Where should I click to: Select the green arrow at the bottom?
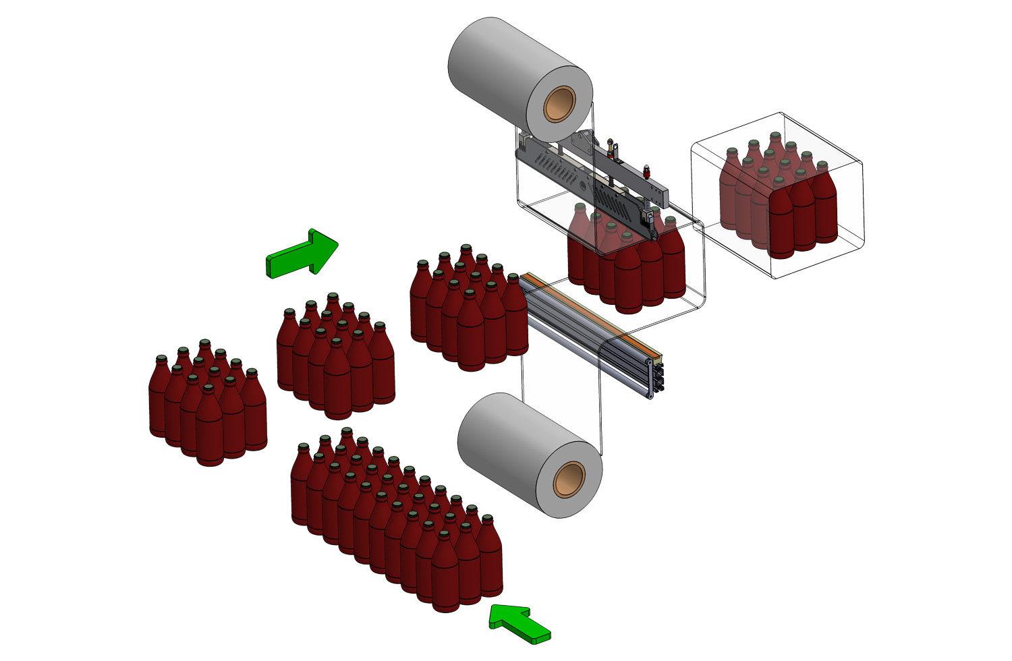519,623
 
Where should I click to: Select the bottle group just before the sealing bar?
469,310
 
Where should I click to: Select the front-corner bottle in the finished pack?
781,223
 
